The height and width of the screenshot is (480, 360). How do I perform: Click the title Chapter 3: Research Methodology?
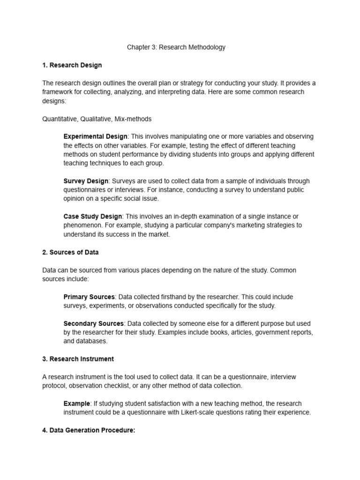pyautogui.click(x=176, y=47)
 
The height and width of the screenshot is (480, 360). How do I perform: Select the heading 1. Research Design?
pyautogui.click(x=72, y=65)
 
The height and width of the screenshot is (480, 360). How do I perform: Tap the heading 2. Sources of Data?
pyautogui.click(x=70, y=252)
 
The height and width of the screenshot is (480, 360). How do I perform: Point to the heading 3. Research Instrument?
pyautogui.click(x=78, y=359)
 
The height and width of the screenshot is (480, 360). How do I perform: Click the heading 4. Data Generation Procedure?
pyautogui.click(x=89, y=430)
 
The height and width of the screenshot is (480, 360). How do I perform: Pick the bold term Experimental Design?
pyautogui.click(x=95, y=136)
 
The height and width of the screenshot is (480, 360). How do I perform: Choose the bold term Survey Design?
pyautogui.click(x=86, y=181)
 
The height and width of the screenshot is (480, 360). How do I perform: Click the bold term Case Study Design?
pyautogui.click(x=93, y=217)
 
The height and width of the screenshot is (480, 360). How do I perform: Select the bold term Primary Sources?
pyautogui.click(x=89, y=297)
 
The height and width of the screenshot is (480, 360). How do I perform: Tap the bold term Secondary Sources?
pyautogui.click(x=94, y=323)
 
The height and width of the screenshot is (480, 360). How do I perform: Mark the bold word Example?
pyautogui.click(x=76, y=404)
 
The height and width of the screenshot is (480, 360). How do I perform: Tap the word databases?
pyautogui.click(x=92, y=341)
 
